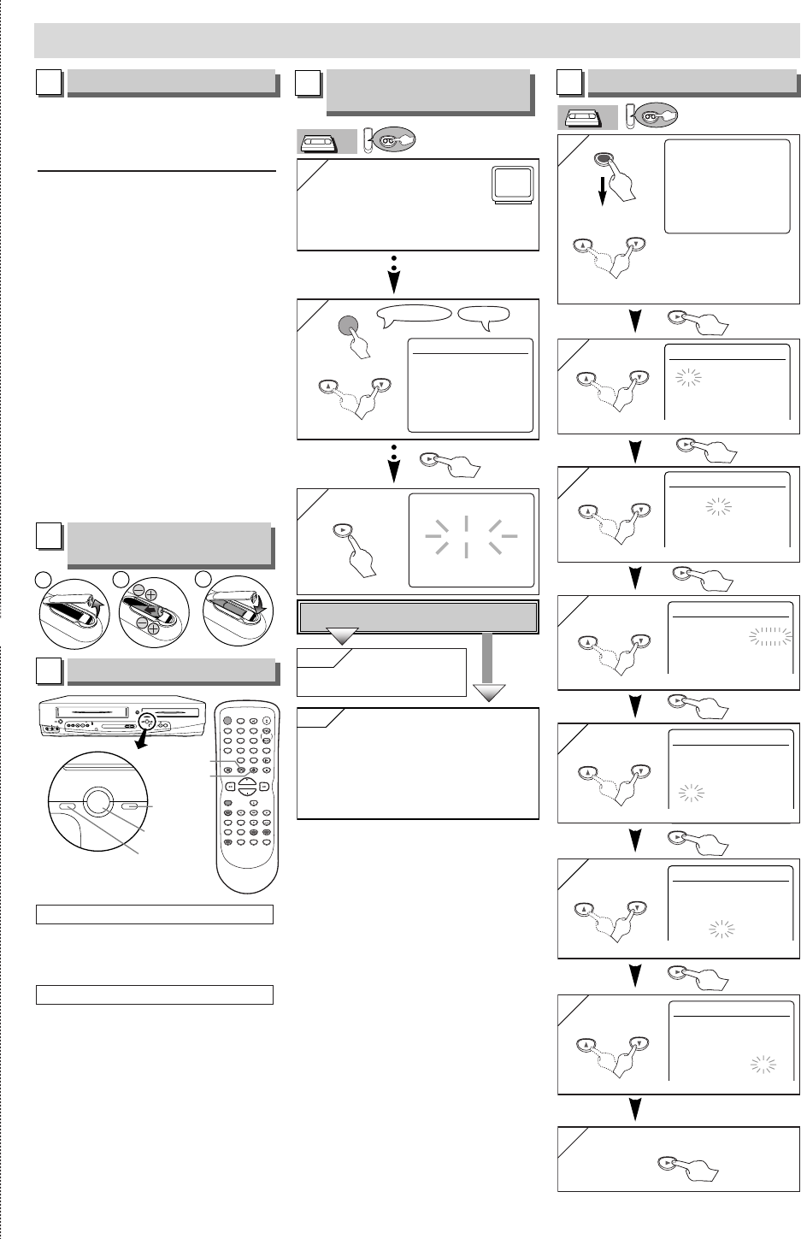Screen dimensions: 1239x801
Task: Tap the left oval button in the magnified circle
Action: click(68, 806)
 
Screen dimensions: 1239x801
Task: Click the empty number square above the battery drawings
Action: click(49, 536)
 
